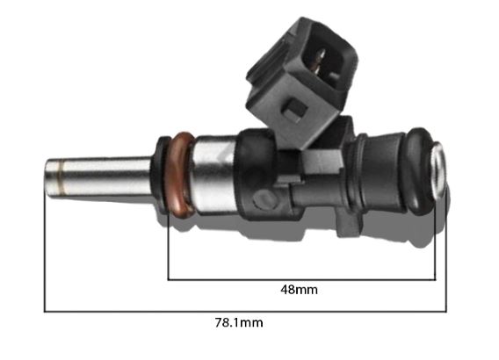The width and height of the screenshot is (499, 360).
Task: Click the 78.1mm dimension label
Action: point(239,323)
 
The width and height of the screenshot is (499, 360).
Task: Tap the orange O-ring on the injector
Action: point(181,175)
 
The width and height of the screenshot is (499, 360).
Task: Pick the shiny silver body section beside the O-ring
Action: point(214,174)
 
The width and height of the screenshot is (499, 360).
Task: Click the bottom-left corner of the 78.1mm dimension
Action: point(45,311)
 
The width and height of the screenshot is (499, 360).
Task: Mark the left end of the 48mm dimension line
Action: point(168,280)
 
